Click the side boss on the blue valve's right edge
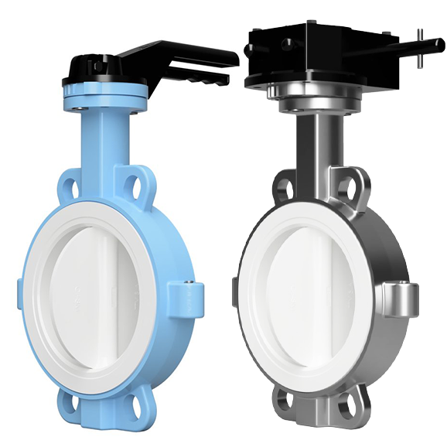(189, 297)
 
